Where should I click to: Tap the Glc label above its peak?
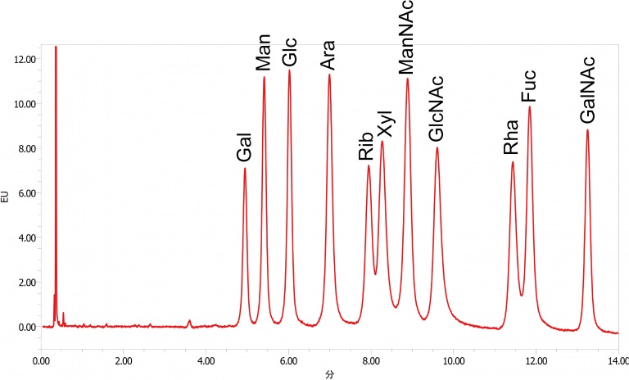[x=289, y=52]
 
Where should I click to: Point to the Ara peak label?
[x=328, y=54]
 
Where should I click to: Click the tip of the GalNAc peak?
[x=587, y=130]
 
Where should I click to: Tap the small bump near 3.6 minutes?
[x=190, y=321]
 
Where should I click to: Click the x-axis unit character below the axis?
[x=330, y=373]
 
